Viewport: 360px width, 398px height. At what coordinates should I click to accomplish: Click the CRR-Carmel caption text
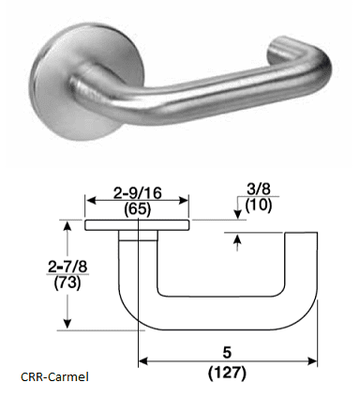click(54, 376)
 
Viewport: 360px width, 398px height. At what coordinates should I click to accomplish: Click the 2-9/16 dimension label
click(137, 193)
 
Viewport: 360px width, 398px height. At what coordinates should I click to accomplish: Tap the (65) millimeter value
click(137, 209)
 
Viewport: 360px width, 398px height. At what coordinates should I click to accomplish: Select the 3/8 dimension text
click(259, 190)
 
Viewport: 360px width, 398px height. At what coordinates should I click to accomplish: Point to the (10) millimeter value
click(259, 206)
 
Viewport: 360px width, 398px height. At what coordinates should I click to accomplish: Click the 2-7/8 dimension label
click(67, 267)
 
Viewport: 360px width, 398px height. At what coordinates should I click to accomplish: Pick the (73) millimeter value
click(67, 283)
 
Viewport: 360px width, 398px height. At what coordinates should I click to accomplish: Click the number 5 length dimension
click(227, 353)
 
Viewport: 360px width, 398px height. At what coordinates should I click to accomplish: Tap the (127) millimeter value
click(227, 373)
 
